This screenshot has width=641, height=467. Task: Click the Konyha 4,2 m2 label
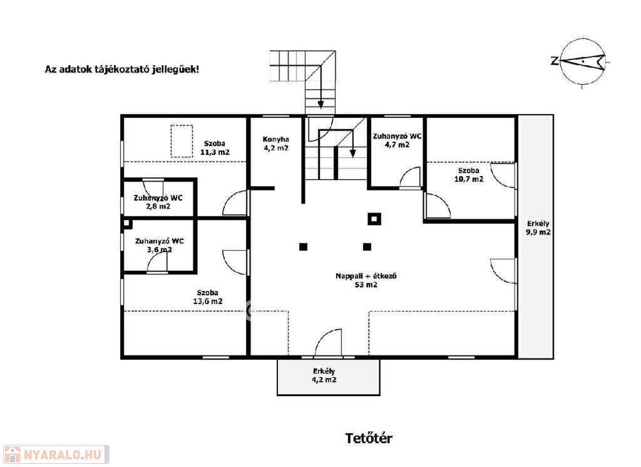coord(275,144)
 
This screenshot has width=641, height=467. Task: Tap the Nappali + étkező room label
coord(366,280)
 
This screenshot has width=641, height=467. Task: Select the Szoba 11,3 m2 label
coord(215,148)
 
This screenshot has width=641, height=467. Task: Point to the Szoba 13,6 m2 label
coord(208,296)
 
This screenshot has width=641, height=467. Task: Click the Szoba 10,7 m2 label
coord(468,175)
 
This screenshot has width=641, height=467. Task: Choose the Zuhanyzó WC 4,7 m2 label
coord(397,140)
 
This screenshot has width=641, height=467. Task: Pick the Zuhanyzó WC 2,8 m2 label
coord(158,202)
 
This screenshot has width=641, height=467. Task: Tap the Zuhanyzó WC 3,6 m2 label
coord(160,245)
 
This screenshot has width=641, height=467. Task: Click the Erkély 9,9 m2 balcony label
coord(538,228)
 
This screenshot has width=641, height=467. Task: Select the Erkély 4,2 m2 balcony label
coord(324,375)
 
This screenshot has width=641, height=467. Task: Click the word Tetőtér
coord(369,438)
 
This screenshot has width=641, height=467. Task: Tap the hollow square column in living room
coord(374,219)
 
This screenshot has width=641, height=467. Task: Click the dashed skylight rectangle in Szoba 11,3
coord(182,141)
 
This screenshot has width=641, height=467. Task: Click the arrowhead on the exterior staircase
coord(320,104)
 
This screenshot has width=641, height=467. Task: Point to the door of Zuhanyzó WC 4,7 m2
coord(410,177)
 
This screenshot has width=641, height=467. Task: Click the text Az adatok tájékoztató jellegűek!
coord(122,69)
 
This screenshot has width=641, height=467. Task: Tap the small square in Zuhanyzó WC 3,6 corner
coord(128,224)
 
